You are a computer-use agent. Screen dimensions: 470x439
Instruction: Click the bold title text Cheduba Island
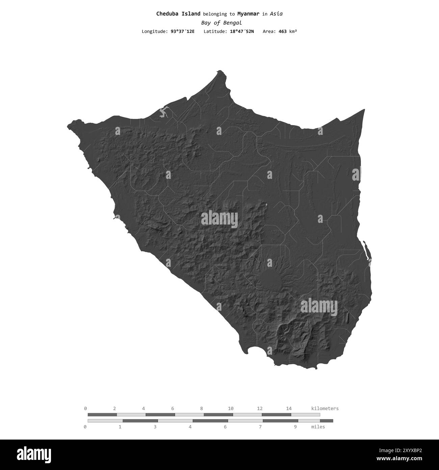tap(178, 14)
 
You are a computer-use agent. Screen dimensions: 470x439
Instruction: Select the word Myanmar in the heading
tap(248, 14)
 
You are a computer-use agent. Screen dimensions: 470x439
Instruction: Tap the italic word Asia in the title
tap(276, 14)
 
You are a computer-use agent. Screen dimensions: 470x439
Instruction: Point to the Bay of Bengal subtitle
tap(221, 23)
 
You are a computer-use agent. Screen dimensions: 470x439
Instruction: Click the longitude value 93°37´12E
tap(183, 31)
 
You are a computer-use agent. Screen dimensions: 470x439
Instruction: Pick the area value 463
tap(282, 31)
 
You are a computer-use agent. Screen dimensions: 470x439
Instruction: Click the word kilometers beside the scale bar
tap(325, 408)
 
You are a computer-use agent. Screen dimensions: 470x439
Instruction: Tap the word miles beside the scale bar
tap(318, 427)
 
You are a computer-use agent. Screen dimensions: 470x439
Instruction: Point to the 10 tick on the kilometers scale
tap(231, 408)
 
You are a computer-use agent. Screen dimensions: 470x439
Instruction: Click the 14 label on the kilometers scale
tap(289, 408)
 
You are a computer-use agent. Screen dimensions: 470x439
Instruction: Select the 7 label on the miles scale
tap(260, 427)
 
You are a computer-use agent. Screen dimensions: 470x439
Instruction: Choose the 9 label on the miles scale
tap(295, 427)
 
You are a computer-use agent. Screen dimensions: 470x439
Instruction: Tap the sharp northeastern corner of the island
tap(364, 110)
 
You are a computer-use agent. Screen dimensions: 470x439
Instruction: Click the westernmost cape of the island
tap(69, 126)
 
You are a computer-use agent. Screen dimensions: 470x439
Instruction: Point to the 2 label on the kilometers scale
tap(114, 408)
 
